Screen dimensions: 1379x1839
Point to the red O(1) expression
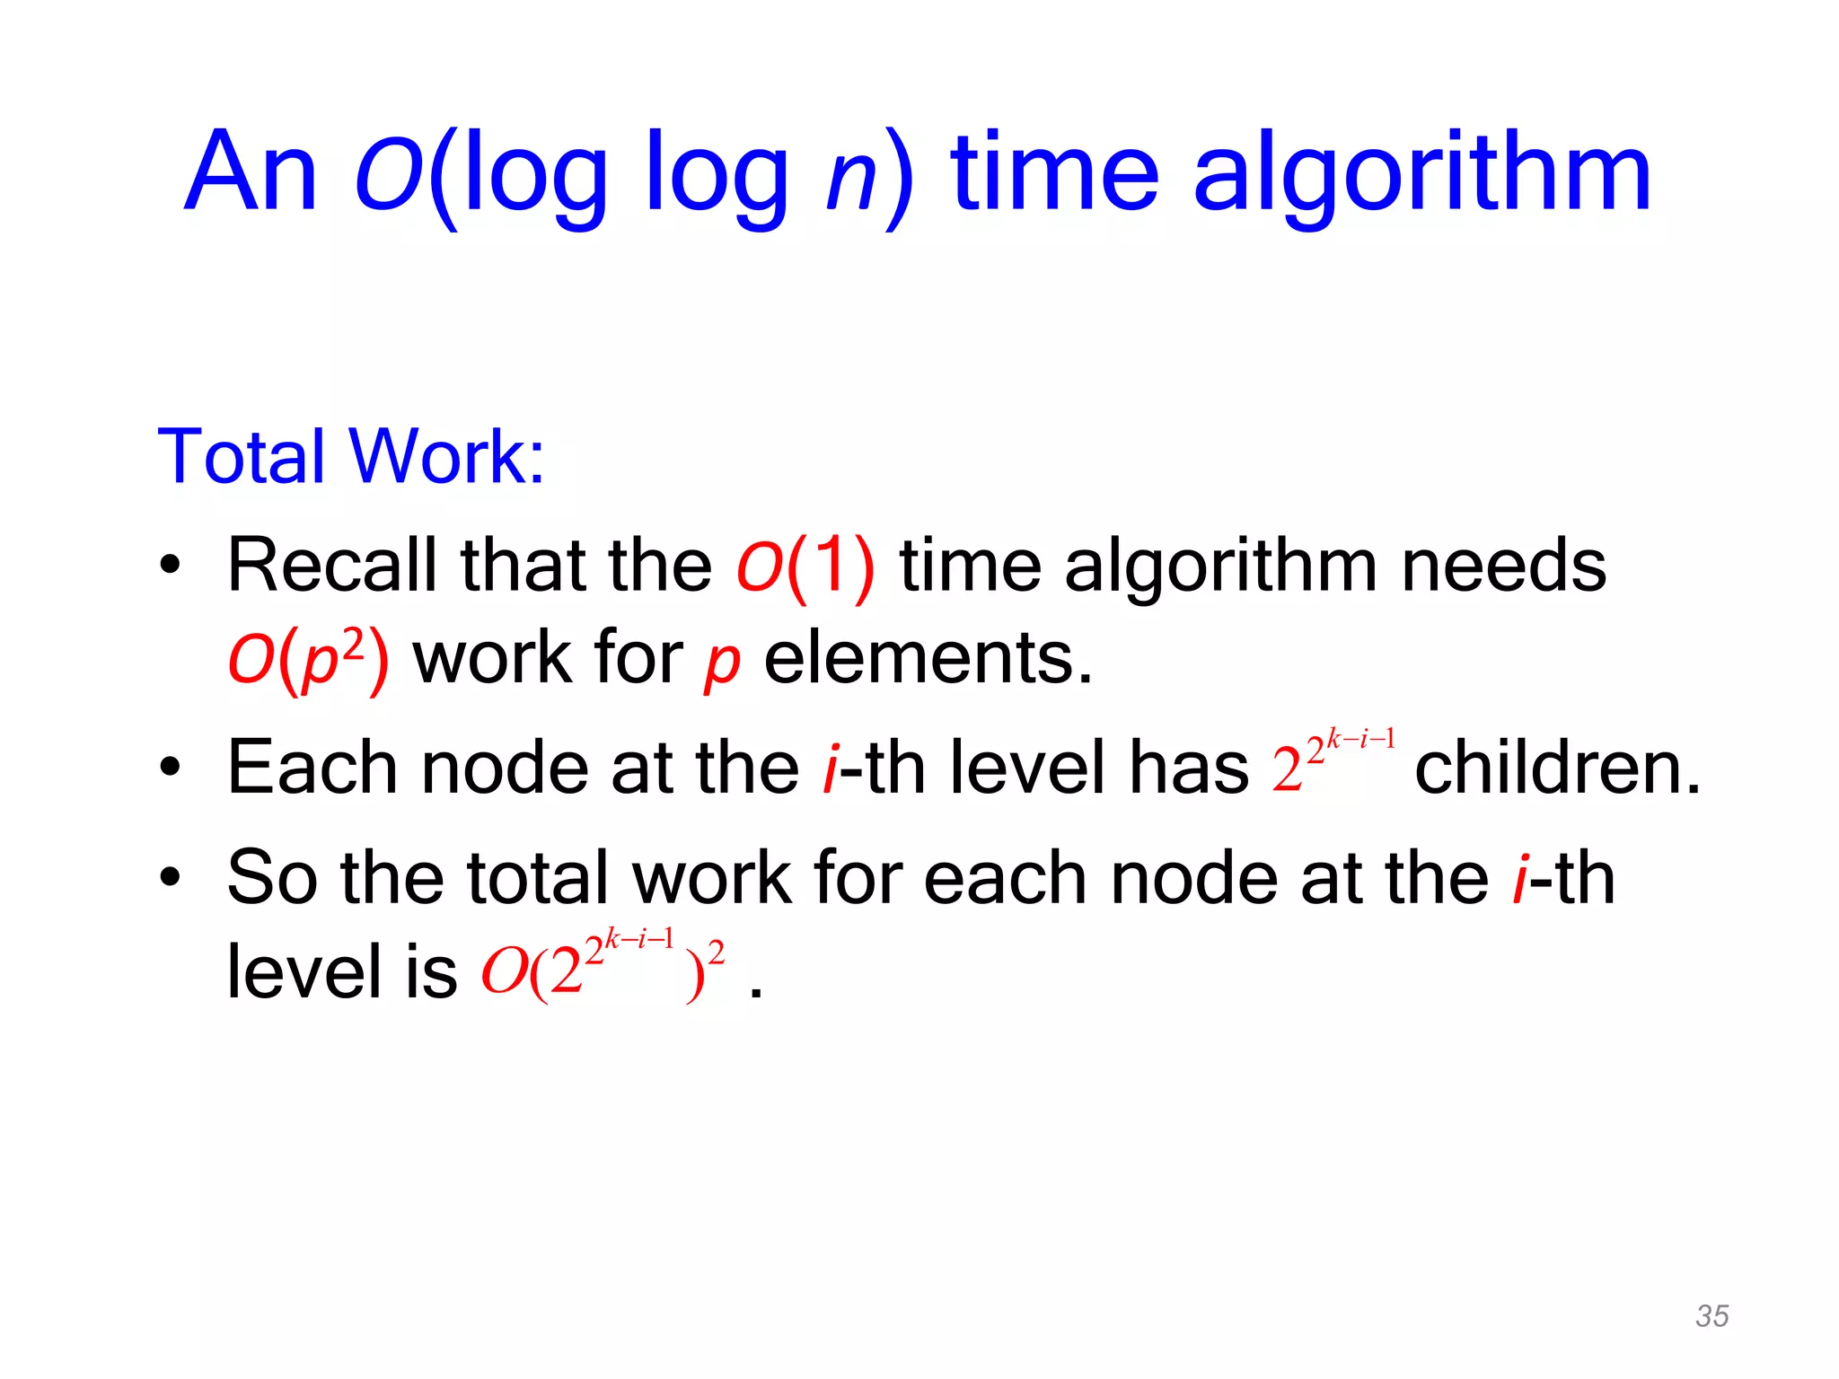(805, 567)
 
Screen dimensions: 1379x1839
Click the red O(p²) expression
(308, 659)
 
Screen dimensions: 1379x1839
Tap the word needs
(1503, 567)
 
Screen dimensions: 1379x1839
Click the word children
(1557, 768)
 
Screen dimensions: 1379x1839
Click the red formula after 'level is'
(602, 966)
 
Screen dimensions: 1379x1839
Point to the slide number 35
(1711, 1315)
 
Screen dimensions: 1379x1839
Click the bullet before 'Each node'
(170, 767)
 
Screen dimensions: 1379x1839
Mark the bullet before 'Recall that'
(170, 566)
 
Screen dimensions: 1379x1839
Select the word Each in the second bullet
(312, 768)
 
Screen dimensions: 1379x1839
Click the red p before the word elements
(721, 663)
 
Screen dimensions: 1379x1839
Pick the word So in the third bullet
(271, 877)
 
